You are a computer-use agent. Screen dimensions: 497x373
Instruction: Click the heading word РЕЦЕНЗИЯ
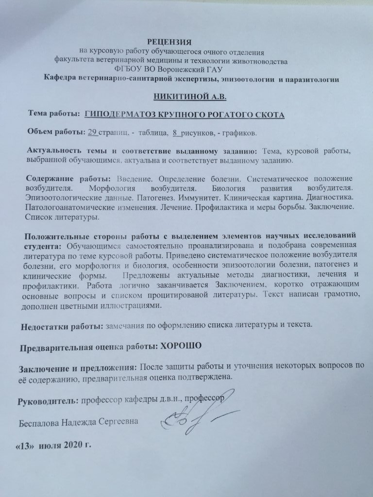point(170,42)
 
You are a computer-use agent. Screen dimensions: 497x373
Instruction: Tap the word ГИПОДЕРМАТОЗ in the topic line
point(115,115)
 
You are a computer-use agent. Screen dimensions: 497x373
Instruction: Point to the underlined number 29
point(92,133)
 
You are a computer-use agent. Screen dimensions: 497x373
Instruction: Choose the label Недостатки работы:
point(59,326)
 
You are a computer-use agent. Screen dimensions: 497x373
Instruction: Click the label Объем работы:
point(55,133)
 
